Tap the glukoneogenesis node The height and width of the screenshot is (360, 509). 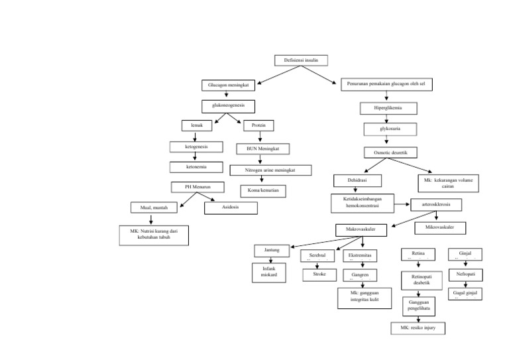pos(229,105)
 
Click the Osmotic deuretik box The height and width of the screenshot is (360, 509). pos(391,152)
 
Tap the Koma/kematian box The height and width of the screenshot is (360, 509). pos(264,191)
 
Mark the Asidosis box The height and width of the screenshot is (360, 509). pos(231,207)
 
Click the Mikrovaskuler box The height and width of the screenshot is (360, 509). pos(440,227)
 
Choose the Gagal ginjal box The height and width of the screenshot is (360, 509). pos(465,292)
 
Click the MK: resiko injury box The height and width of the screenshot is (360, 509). pos(417,328)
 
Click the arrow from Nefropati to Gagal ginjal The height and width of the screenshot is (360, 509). pos(465,284)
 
